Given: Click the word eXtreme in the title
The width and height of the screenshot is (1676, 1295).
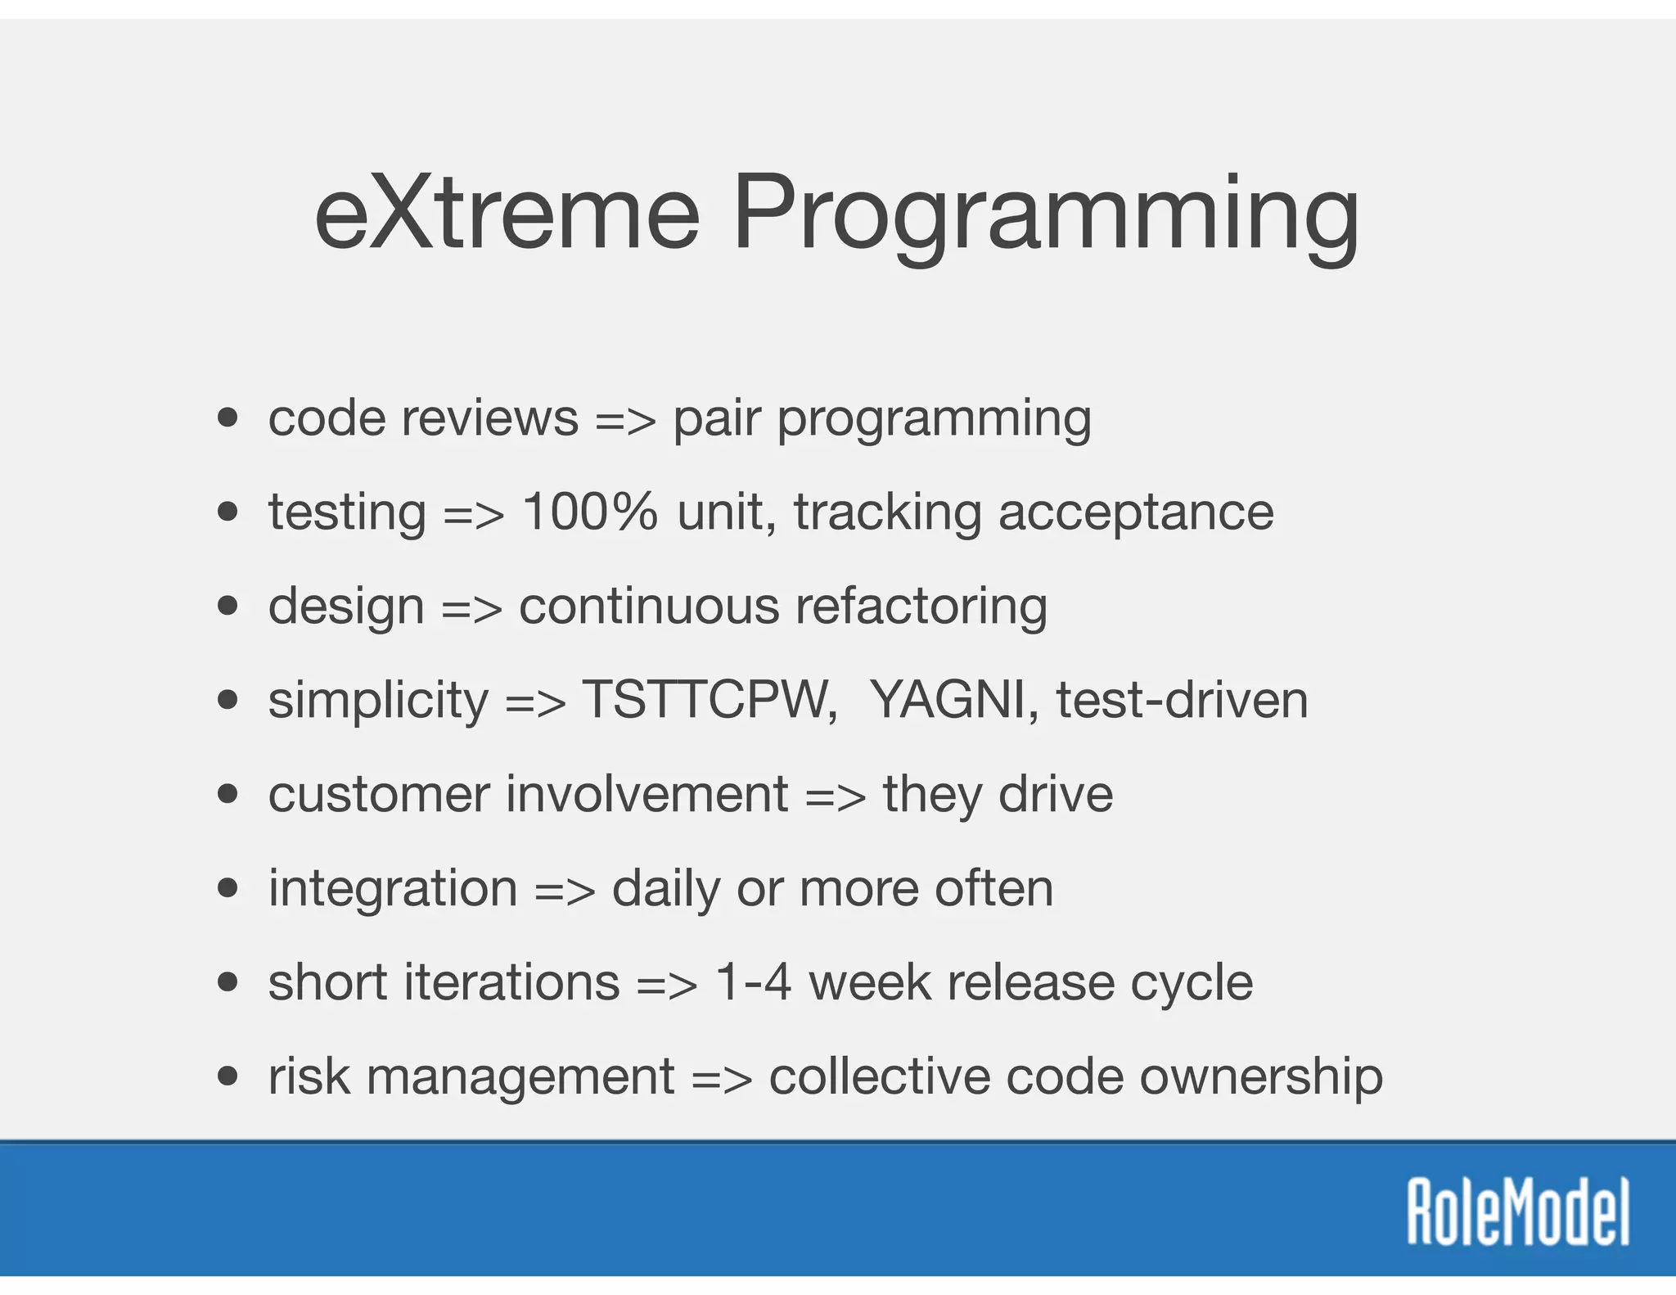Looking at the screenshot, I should tap(507, 214).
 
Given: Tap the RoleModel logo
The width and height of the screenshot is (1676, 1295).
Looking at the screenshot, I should tap(1518, 1212).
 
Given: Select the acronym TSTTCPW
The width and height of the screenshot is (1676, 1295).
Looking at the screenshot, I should tap(710, 701).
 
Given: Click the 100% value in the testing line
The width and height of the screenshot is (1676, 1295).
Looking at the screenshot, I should tap(589, 512).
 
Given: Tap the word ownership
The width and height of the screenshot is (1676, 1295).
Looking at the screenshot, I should tap(1260, 1077).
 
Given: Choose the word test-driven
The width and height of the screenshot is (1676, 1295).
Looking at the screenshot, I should tap(1182, 701).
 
